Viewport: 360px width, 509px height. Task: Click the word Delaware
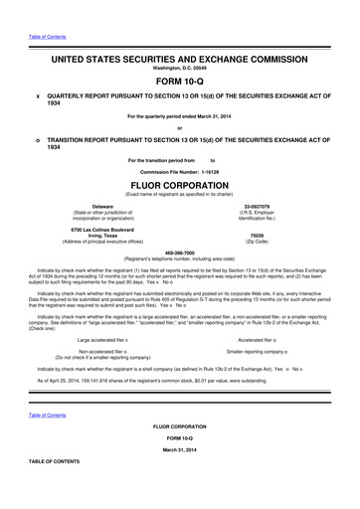[x=90, y=205]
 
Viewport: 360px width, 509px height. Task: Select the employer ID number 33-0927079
[x=270, y=205]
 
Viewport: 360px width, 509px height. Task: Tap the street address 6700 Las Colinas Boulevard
[x=90, y=228]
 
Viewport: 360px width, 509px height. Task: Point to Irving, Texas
[x=90, y=234]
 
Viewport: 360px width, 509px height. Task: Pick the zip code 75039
[x=270, y=234]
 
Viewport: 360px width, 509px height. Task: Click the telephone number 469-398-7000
[x=179, y=251]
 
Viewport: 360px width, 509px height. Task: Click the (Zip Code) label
[x=270, y=241]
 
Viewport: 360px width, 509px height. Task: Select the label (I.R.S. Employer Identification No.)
[x=270, y=215]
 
